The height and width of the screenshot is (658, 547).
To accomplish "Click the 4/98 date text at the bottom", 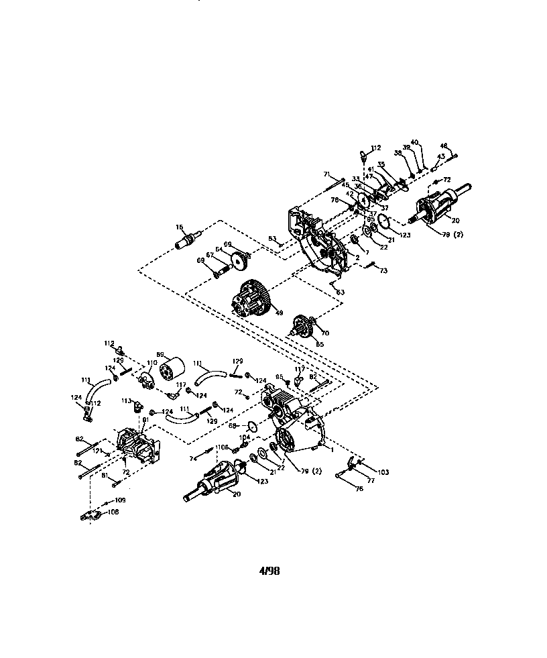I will pos(269,571).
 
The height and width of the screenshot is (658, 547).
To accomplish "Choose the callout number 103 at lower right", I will pos(382,473).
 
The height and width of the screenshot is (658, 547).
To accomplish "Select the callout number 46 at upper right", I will pos(443,146).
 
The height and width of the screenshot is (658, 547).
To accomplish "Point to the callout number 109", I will pos(121,500).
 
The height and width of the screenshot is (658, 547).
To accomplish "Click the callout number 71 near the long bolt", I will pos(327,174).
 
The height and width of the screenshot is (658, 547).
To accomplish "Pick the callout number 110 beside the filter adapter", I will pos(152,363).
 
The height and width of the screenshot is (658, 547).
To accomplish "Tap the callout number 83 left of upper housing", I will pos(272,238).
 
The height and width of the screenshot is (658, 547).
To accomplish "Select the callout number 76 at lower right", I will pos(359,489).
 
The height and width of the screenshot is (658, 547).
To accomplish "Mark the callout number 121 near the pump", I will pos(97,451).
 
